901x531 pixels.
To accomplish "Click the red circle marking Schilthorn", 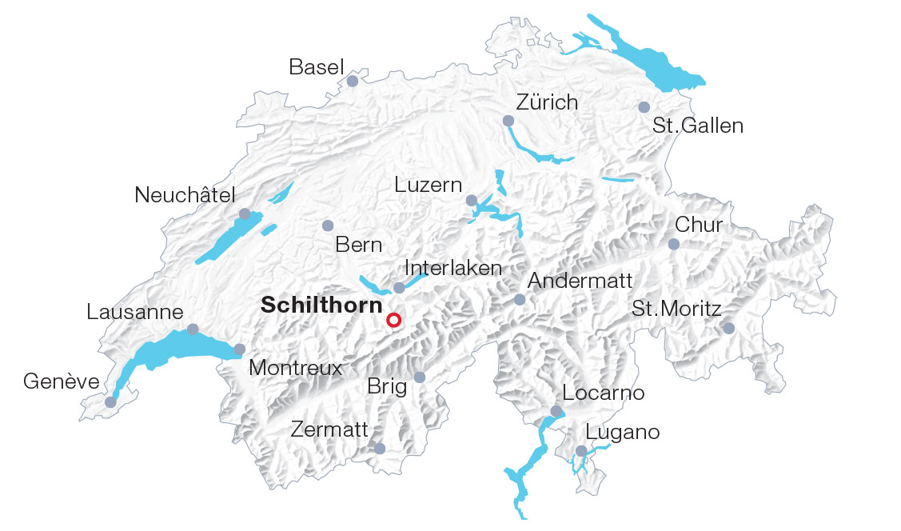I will pos(393,321).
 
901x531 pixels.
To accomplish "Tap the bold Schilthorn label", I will pos(321,305).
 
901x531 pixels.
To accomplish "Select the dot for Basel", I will pos(353,81).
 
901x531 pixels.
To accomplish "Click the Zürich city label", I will pos(547,102).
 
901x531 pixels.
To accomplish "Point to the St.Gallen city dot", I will pos(644,107).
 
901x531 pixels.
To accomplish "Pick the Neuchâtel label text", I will pos(185,195).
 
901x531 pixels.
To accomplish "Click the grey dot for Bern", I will pos(327,226).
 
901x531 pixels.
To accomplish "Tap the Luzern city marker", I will pos(472,200).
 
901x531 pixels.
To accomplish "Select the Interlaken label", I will pos(453,267).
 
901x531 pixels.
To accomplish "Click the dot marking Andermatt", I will pos(520,300).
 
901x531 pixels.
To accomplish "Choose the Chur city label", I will pos(699,225).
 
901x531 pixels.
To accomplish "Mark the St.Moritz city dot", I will pos(728,328).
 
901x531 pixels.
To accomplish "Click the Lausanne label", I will pos(135,312).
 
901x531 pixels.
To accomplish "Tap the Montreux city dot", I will pos(240,349).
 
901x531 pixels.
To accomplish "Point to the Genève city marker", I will pos(110,401).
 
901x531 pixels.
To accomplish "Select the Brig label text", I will pos(387,387).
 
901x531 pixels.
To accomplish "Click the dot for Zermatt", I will pos(380,449).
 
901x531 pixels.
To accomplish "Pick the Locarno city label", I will pos(604,393).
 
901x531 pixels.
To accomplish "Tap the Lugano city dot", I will pos(581,451).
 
